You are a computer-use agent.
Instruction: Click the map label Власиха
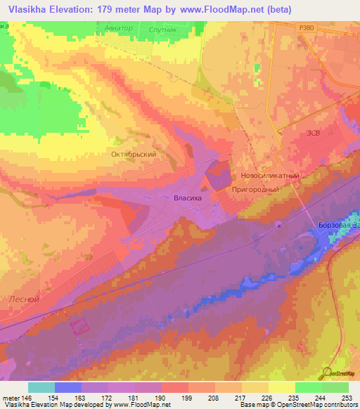tap(188, 199)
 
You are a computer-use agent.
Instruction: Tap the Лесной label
tap(23, 298)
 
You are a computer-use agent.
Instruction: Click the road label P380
tap(304, 26)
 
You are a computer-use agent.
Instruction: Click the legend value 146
tap(26, 398)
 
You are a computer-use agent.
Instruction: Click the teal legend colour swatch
tap(41, 387)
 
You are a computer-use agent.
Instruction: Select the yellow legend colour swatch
tap(282, 387)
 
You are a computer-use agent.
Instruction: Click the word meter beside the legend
tap(11, 398)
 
